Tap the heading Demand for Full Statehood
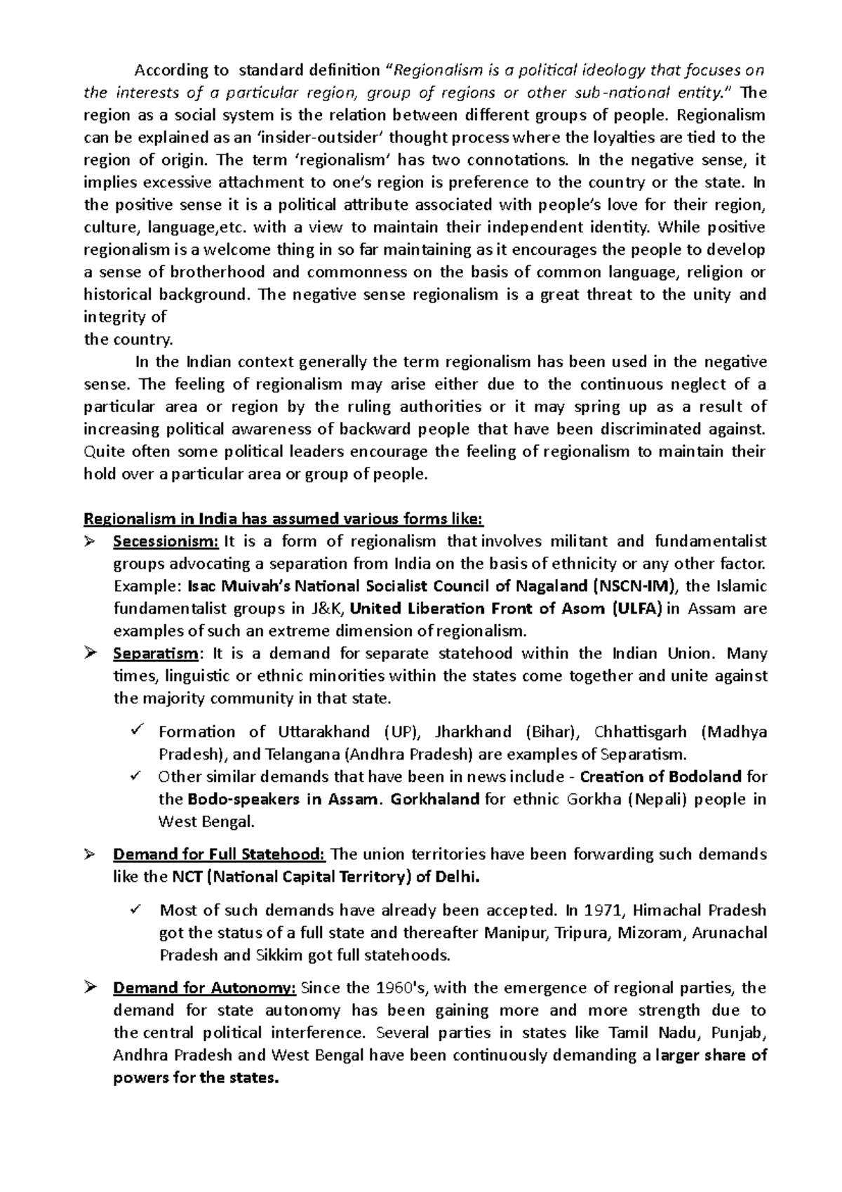[219, 854]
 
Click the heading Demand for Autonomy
[205, 988]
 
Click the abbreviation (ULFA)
[636, 609]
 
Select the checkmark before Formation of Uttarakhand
[136, 731]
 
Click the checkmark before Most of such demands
[136, 909]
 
